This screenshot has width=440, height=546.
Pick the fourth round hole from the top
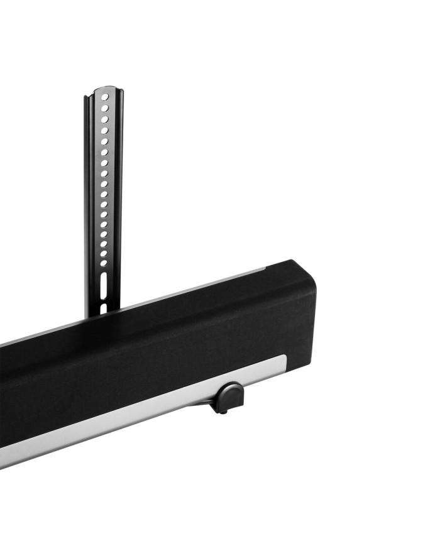pyautogui.click(x=105, y=131)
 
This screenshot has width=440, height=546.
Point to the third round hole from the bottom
pyautogui.click(x=104, y=244)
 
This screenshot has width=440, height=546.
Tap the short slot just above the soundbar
pyautogui.click(x=103, y=308)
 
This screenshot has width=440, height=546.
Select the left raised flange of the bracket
pyautogui.click(x=89, y=201)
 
